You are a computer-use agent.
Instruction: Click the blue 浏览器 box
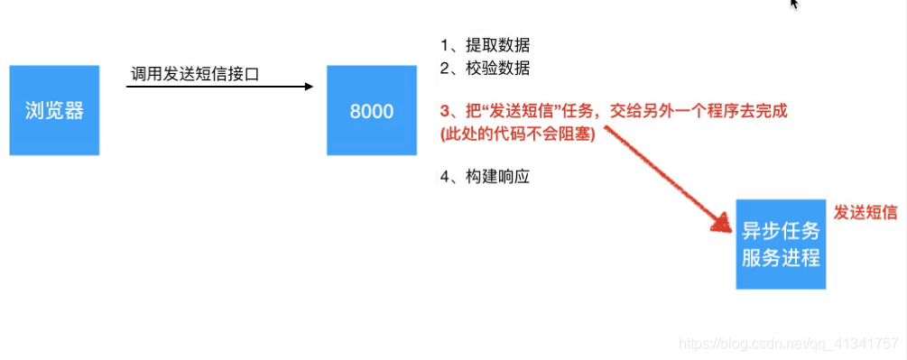pos(54,110)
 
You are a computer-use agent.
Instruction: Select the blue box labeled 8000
pos(372,110)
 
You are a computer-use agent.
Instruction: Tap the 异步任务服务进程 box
pos(781,243)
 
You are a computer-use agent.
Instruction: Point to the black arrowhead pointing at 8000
pos(309,87)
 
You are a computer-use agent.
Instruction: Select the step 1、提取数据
pos(485,45)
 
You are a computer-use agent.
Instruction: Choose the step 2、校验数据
pos(485,68)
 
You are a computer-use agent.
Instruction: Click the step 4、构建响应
pos(485,177)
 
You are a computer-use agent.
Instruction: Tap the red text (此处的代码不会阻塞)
pos(518,134)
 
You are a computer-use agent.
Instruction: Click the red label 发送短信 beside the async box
pos(865,212)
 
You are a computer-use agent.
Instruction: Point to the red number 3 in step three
pos(444,112)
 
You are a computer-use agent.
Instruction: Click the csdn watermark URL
pos(788,343)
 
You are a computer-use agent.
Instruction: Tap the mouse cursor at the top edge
pos(794,4)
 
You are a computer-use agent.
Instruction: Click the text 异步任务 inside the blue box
pos(781,229)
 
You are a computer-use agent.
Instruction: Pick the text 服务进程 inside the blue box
pos(781,257)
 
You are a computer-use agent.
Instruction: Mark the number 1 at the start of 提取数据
pos(444,45)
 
